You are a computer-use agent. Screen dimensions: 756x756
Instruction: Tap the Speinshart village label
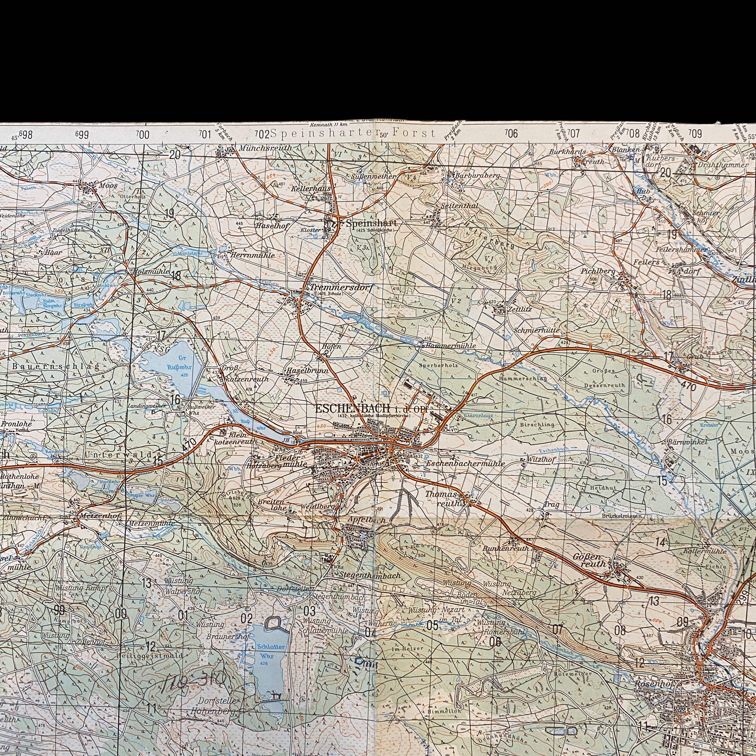(x=371, y=223)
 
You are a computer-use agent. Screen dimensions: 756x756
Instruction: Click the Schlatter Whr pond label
(x=271, y=651)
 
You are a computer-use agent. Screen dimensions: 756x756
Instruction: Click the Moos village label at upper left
(x=108, y=185)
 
